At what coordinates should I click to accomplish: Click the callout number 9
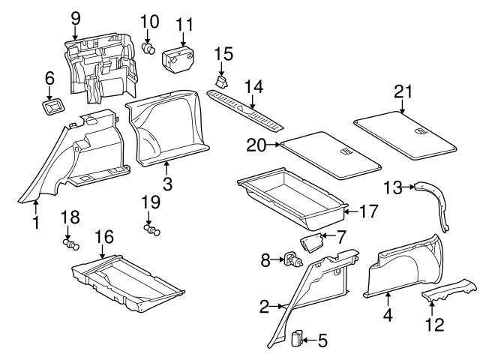pyautogui.click(x=75, y=17)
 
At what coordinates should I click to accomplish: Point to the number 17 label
pyautogui.click(x=367, y=211)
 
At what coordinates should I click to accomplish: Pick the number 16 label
pyautogui.click(x=103, y=238)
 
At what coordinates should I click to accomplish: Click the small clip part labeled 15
pyautogui.click(x=223, y=78)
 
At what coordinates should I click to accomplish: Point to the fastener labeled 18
pyautogui.click(x=72, y=244)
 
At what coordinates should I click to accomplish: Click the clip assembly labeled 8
pyautogui.click(x=291, y=260)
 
